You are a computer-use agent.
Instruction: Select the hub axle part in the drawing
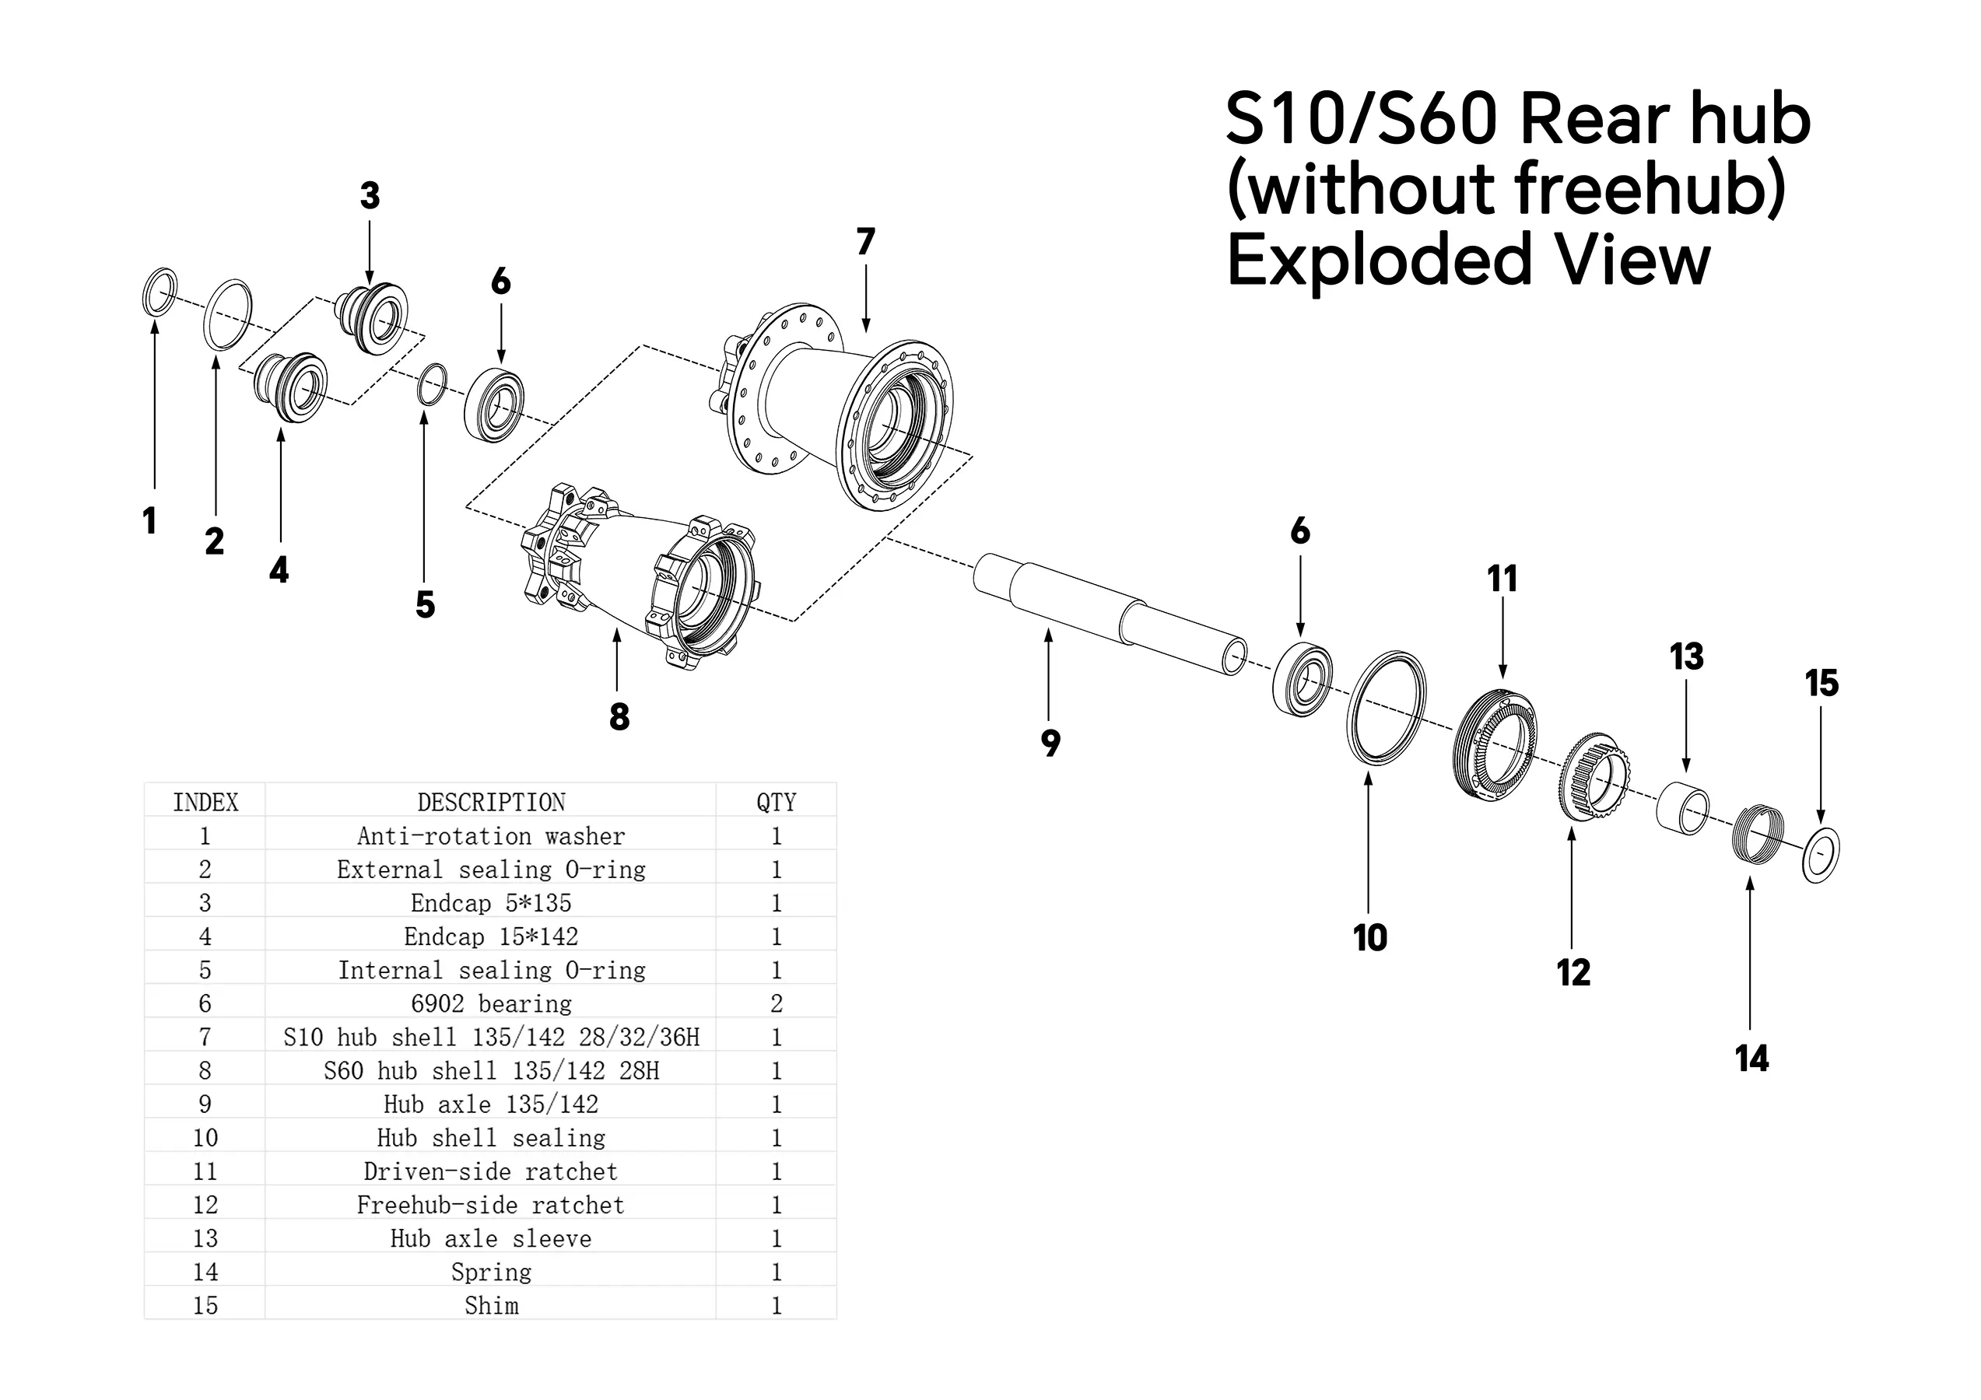[x=1110, y=614]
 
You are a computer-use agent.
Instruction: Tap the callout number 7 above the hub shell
[x=865, y=242]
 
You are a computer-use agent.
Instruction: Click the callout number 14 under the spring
[x=1751, y=1059]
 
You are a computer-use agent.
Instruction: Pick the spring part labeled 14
[x=1758, y=831]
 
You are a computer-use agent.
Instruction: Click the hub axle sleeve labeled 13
[x=1682, y=808]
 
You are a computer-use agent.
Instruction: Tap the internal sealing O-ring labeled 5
[x=420, y=384]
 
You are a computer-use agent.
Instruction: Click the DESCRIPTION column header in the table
[x=491, y=802]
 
